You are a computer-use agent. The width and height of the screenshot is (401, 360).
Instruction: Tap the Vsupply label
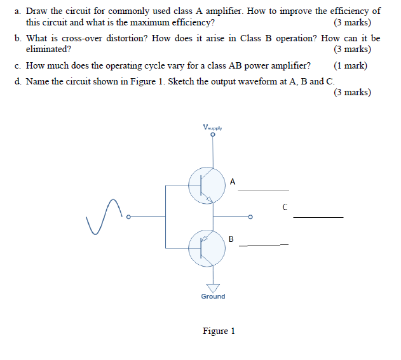point(213,126)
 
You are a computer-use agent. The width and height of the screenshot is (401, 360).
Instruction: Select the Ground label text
point(213,297)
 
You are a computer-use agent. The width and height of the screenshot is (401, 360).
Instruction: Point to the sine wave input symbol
point(105,216)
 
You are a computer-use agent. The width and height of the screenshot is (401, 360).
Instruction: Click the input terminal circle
point(128,217)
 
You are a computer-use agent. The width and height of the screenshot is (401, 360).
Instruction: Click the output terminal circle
point(250,217)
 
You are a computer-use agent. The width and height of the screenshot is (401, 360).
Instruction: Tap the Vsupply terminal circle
point(214,135)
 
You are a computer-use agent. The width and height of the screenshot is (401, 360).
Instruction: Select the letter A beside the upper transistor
point(233,182)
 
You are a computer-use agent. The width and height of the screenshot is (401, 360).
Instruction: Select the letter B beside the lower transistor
point(231,239)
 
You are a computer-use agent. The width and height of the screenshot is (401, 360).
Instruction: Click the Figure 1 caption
point(219,331)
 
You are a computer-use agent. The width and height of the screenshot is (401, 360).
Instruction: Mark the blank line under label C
point(318,217)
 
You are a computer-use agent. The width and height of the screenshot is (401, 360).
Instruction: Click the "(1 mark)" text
point(350,66)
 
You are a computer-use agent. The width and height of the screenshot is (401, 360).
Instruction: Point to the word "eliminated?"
point(48,48)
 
